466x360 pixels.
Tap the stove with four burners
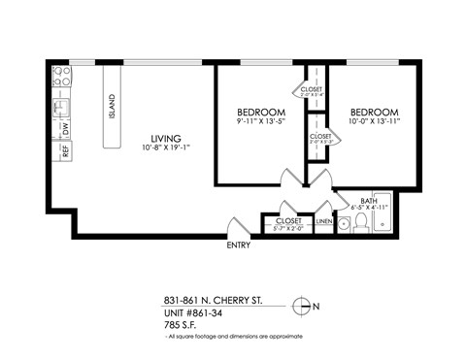(59, 74)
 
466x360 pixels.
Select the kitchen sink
(60, 103)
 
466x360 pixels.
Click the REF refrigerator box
(63, 150)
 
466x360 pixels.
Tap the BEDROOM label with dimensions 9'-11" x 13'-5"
(259, 112)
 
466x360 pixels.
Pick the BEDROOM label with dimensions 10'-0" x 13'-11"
(374, 112)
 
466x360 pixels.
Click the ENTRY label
(238, 245)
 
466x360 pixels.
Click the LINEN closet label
(324, 220)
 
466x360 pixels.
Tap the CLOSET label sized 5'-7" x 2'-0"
(288, 220)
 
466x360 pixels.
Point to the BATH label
(368, 200)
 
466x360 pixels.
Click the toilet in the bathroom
(360, 223)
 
